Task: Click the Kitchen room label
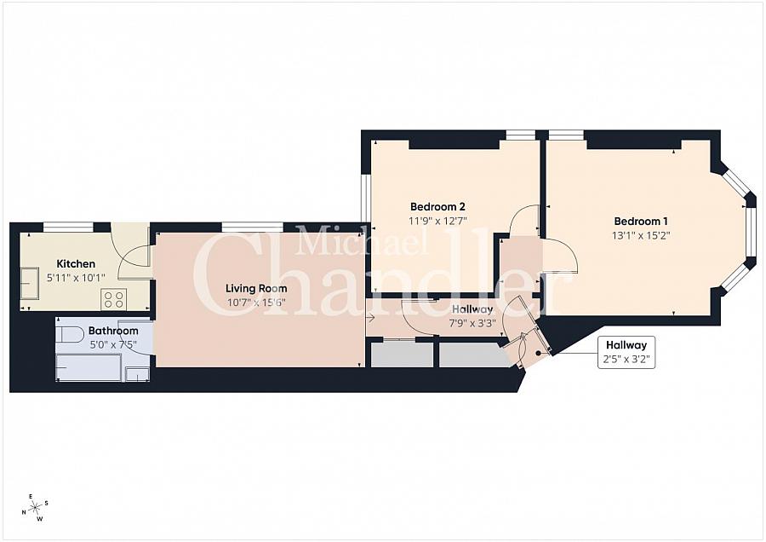click(x=76, y=263)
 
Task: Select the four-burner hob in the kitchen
click(x=114, y=298)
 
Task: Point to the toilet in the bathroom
click(x=70, y=333)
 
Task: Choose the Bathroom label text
click(x=113, y=331)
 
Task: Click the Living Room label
click(x=256, y=288)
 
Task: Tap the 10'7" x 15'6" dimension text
click(x=256, y=303)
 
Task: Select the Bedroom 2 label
click(x=437, y=206)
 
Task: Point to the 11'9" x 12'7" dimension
click(x=437, y=220)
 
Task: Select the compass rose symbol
click(x=36, y=509)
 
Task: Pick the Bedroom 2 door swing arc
click(x=522, y=219)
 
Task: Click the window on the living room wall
click(x=252, y=227)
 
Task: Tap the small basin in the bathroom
click(x=136, y=372)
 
